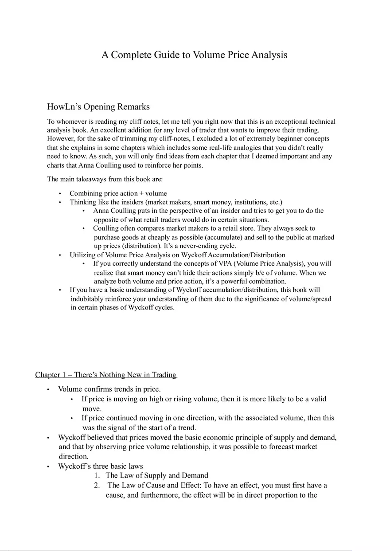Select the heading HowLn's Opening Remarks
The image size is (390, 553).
coord(98,107)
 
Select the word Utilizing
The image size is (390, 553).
coord(82,255)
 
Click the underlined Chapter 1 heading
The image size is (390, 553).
coord(106,375)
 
